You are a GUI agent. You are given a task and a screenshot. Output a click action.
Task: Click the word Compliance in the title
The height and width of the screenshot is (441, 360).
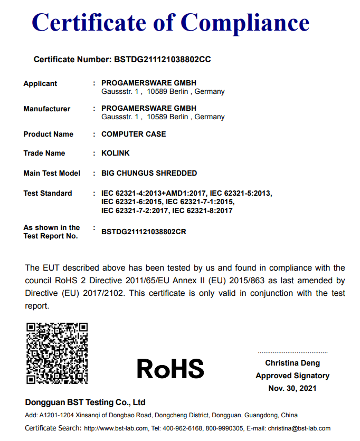pyautogui.click(x=245, y=23)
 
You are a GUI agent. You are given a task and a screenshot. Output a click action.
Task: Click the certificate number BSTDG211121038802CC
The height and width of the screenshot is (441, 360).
pyautogui.click(x=163, y=60)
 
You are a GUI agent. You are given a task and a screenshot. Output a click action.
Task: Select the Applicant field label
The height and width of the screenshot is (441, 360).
pyautogui.click(x=40, y=84)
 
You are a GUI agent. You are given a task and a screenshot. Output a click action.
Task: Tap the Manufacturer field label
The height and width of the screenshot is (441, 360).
pyautogui.click(x=46, y=109)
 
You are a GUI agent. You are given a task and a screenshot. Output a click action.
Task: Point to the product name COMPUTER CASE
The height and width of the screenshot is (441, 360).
pyautogui.click(x=134, y=134)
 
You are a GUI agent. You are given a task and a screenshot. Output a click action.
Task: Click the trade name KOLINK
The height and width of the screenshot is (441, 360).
pyautogui.click(x=115, y=153)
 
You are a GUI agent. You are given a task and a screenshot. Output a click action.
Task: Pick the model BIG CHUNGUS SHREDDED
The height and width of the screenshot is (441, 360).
pyautogui.click(x=149, y=173)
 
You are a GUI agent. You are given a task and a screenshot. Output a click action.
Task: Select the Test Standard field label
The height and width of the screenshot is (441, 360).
pyautogui.click(x=48, y=193)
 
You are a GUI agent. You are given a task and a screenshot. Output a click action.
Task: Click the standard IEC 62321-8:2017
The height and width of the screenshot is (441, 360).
pyautogui.click(x=202, y=210)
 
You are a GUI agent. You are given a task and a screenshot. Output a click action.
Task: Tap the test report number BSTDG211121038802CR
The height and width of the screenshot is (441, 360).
pyautogui.click(x=144, y=232)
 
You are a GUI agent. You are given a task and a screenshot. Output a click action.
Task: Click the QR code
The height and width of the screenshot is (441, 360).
pyautogui.click(x=57, y=353)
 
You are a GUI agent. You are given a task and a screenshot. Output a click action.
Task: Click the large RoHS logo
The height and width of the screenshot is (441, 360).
pyautogui.click(x=170, y=369)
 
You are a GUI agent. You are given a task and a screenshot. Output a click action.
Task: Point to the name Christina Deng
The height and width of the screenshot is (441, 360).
pyautogui.click(x=292, y=363)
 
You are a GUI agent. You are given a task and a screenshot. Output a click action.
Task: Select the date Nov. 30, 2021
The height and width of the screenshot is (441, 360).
pyautogui.click(x=292, y=388)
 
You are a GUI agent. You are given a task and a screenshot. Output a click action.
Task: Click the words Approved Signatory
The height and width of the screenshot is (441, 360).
pyautogui.click(x=292, y=376)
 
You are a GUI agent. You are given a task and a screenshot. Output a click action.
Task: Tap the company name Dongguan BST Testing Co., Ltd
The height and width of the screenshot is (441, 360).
pyautogui.click(x=85, y=402)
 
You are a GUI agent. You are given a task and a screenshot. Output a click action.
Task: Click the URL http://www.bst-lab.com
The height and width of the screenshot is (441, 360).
pyautogui.click(x=116, y=428)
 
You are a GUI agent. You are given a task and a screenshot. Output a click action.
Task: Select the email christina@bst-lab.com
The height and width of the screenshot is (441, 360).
pyautogui.click(x=299, y=428)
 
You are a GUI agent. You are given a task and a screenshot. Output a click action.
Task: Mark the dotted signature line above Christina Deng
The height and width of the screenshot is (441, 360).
pyautogui.click(x=292, y=352)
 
